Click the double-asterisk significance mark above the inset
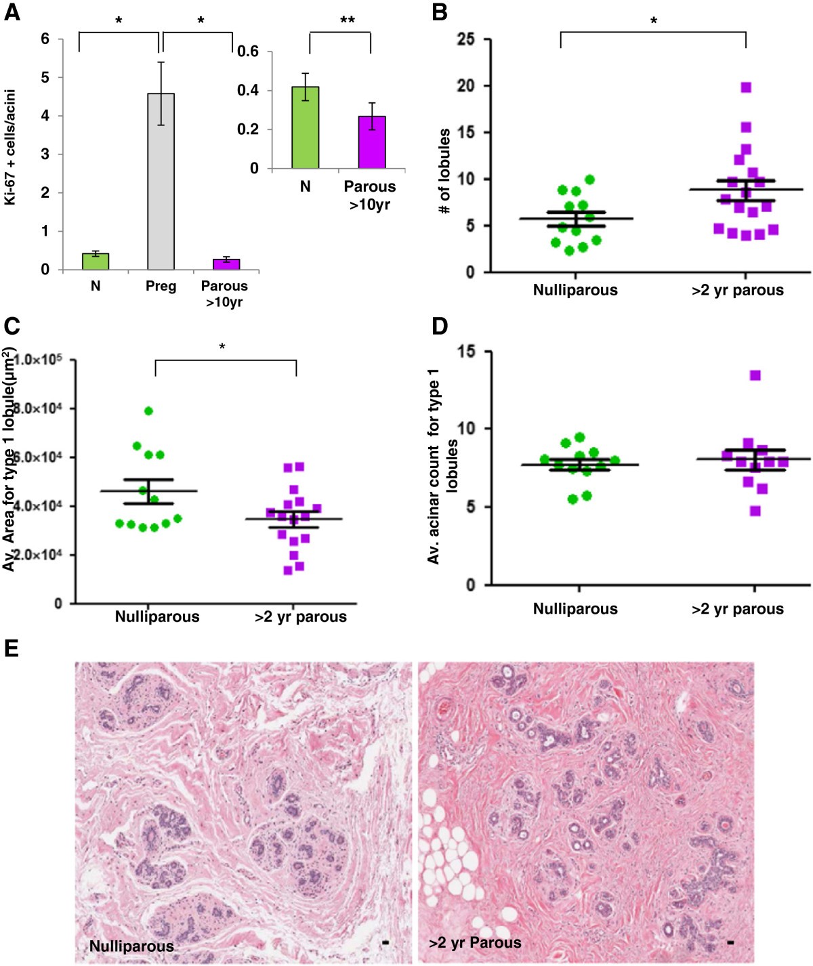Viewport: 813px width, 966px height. [x=347, y=21]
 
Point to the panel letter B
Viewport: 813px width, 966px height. [x=440, y=13]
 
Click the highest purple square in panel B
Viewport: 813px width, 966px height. [x=746, y=87]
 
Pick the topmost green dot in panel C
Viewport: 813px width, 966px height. [x=148, y=411]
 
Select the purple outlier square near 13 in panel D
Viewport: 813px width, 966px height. [x=755, y=375]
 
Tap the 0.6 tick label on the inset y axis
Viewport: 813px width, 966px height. [x=249, y=52]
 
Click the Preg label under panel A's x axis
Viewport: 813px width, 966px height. [x=161, y=287]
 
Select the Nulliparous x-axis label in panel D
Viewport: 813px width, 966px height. [x=575, y=609]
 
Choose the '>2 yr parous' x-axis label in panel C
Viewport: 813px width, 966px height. [x=301, y=617]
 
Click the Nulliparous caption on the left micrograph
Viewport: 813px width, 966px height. [x=131, y=946]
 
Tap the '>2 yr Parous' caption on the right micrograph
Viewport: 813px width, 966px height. [x=476, y=942]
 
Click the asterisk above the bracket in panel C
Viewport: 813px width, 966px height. [x=222, y=348]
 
